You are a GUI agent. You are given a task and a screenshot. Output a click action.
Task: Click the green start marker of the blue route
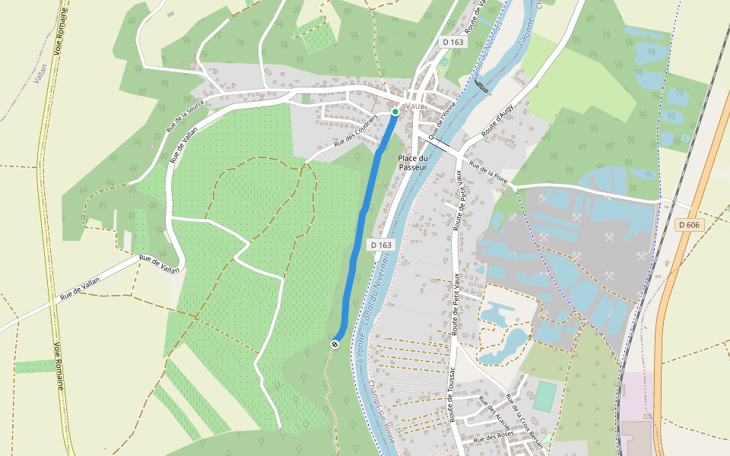[395, 112]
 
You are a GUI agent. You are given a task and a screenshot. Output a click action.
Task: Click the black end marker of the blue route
[335, 344]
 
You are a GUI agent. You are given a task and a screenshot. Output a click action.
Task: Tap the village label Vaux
[415, 106]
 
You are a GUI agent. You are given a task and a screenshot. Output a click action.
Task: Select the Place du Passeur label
[413, 162]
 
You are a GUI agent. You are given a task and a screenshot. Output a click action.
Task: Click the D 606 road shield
[687, 225]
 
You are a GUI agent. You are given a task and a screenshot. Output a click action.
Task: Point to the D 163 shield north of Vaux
[452, 43]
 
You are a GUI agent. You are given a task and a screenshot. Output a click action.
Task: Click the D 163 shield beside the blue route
[382, 245]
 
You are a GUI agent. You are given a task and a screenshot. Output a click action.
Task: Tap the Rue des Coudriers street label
[356, 129]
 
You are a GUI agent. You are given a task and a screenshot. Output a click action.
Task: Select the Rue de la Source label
[186, 118]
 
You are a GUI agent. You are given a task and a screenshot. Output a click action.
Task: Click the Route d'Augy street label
[500, 122]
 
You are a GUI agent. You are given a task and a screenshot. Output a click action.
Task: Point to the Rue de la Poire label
[488, 172]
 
